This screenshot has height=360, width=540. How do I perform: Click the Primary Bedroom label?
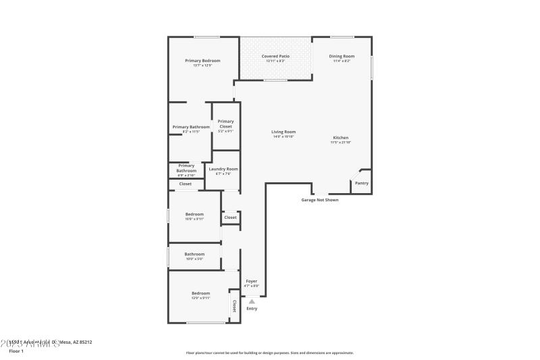(202, 60)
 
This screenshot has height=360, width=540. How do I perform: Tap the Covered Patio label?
(275, 56)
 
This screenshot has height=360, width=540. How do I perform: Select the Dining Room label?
(342, 56)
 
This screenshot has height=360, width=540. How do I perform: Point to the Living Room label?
(283, 132)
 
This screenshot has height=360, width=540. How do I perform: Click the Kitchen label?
(340, 137)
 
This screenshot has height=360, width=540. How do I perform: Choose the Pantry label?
(362, 183)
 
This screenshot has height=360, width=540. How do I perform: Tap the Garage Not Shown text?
(320, 200)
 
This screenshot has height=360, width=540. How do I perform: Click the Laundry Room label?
(223, 169)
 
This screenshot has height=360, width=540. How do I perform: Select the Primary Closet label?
(225, 124)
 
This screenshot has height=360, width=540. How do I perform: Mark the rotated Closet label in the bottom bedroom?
(234, 305)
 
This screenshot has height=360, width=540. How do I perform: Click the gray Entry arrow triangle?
(252, 301)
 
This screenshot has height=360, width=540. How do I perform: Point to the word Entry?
(252, 309)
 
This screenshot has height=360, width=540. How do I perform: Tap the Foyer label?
(251, 281)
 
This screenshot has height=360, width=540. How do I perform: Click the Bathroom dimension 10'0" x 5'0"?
(194, 259)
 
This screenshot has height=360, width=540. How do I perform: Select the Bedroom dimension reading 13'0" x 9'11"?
(200, 298)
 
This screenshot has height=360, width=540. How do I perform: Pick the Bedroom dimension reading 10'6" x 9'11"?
(194, 219)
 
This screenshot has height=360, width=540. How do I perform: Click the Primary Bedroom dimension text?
(202, 66)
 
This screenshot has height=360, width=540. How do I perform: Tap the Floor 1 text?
(16, 351)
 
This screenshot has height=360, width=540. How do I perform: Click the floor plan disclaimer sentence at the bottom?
(269, 353)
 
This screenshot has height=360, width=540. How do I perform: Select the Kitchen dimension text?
(340, 143)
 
